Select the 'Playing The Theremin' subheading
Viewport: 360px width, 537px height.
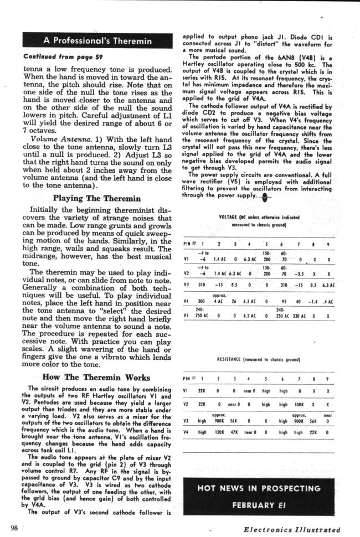point(97,198)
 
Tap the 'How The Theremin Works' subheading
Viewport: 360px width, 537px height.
point(96,378)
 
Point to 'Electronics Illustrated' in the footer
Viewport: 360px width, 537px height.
point(292,529)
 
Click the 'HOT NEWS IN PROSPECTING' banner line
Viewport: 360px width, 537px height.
point(259,488)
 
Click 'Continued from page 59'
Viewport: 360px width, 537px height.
point(53,56)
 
